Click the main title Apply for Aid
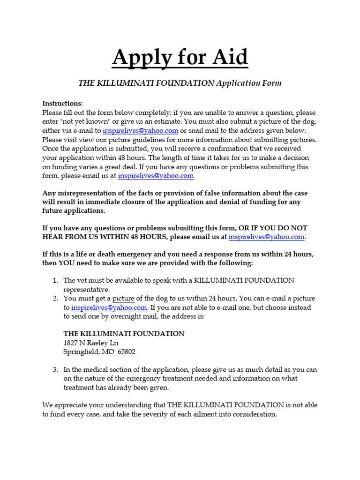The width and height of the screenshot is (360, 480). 180,58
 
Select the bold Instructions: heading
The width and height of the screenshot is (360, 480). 62,103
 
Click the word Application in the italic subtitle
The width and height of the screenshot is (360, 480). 240,83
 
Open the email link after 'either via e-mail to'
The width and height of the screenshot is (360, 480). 140,131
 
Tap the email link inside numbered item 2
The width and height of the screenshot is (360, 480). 109,308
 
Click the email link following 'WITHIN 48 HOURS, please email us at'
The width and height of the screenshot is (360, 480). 266,237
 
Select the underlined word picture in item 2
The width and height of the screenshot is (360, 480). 123,299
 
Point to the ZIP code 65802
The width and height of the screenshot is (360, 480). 126,352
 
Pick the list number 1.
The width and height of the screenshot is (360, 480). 55,280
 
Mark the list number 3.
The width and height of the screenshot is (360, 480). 55,370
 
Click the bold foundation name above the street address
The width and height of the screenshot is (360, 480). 124,334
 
